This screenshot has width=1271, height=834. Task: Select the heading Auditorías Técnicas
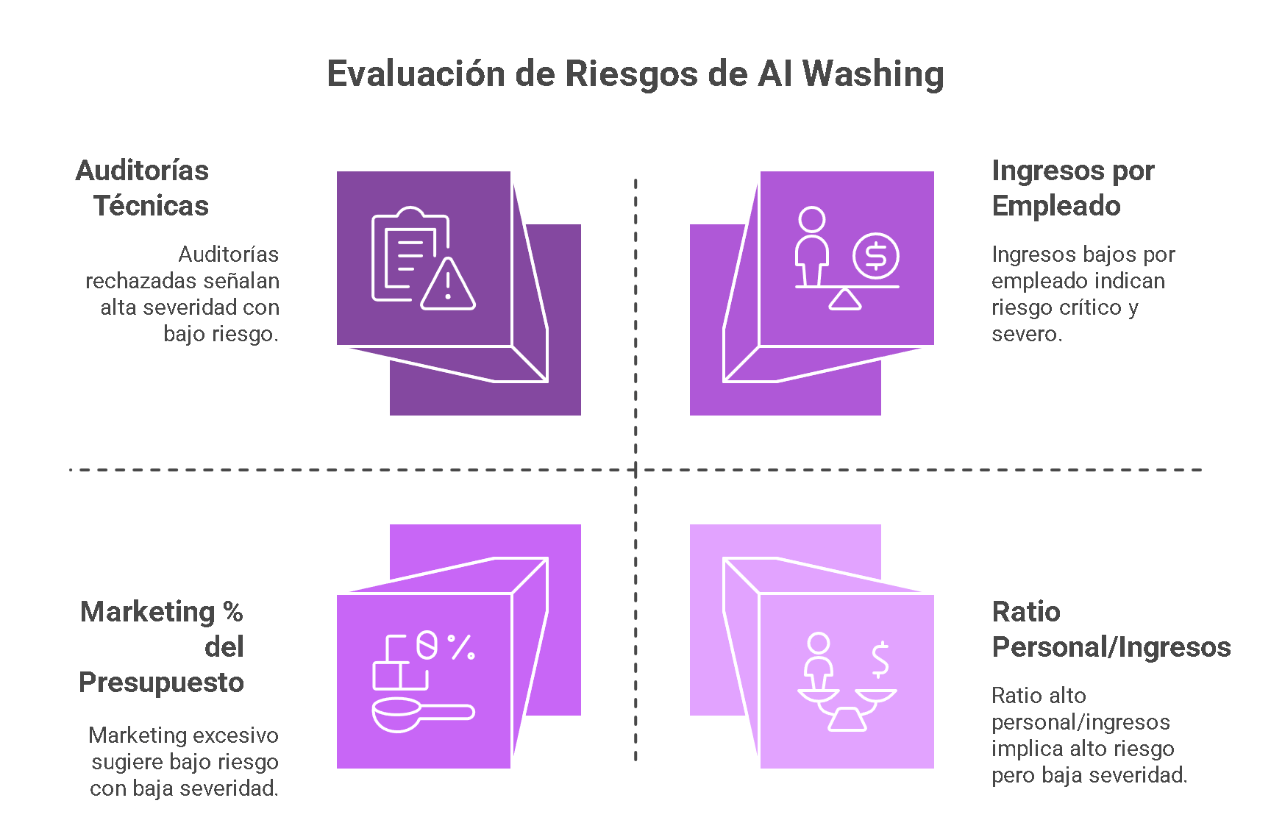pyautogui.click(x=143, y=188)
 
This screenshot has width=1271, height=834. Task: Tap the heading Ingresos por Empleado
pyautogui.click(x=1072, y=188)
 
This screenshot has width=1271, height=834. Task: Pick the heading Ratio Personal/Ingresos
pyautogui.click(x=1111, y=630)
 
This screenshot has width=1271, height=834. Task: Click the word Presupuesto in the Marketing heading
pyautogui.click(x=161, y=682)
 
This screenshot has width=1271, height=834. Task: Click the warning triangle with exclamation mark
pyautogui.click(x=448, y=285)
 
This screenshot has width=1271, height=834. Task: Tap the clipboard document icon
pyautogui.click(x=405, y=254)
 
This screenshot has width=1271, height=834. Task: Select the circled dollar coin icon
pyautogui.click(x=876, y=256)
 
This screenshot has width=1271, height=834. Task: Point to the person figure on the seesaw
pyautogui.click(x=812, y=245)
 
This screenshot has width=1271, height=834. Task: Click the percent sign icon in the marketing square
pyautogui.click(x=461, y=646)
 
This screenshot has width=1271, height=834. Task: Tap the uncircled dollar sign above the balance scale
pyautogui.click(x=880, y=659)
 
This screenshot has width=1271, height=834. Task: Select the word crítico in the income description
pyautogui.click(x=1093, y=307)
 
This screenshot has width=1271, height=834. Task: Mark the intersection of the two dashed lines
pyautogui.click(x=635, y=469)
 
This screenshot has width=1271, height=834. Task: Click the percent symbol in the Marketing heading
pyautogui.click(x=232, y=612)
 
